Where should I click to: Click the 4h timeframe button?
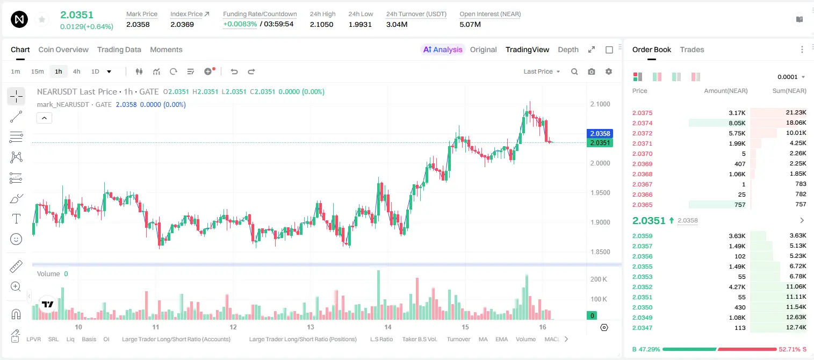point(76,71)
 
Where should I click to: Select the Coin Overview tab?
point(63,49)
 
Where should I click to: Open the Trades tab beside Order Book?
point(692,49)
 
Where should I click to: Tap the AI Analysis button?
point(443,49)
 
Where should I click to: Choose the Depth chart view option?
point(568,49)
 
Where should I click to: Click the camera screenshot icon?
point(592,71)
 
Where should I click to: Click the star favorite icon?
point(42,19)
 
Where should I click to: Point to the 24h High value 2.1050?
point(321,24)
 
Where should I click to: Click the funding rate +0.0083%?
point(240,24)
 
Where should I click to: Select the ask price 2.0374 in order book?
point(642,123)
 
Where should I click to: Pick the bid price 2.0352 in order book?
point(642,287)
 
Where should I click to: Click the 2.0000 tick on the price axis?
point(600,163)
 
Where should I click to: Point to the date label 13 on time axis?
point(311,327)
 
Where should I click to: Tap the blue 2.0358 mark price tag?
point(600,133)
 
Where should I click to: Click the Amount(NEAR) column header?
point(726,91)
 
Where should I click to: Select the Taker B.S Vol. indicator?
point(419,339)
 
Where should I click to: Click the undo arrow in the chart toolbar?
point(234,71)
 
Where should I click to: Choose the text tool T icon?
point(16,219)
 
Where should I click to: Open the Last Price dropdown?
point(542,71)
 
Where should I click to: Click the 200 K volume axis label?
point(599,279)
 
